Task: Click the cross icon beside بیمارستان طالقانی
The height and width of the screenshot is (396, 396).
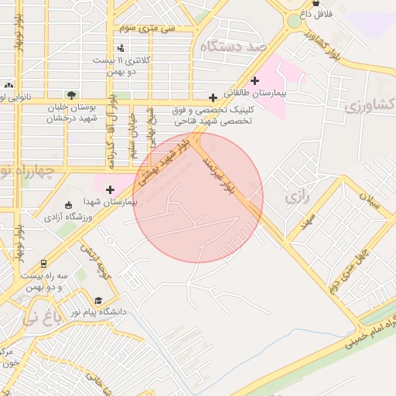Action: pyautogui.click(x=254, y=80)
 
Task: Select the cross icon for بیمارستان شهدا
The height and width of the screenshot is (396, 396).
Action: pyautogui.click(x=110, y=189)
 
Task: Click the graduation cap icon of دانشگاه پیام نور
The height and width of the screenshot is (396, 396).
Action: pyautogui.click(x=97, y=301)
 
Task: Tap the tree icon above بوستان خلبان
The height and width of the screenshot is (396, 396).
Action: pyautogui.click(x=71, y=94)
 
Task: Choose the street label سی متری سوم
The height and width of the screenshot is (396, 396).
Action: pyautogui.click(x=148, y=28)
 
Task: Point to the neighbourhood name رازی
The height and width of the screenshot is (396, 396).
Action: pyautogui.click(x=296, y=197)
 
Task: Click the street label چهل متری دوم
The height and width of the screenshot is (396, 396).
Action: pyautogui.click(x=346, y=265)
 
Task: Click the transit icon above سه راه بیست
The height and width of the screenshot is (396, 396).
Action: pyautogui.click(x=44, y=263)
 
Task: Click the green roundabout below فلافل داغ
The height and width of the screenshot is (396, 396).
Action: pyautogui.click(x=295, y=21)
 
